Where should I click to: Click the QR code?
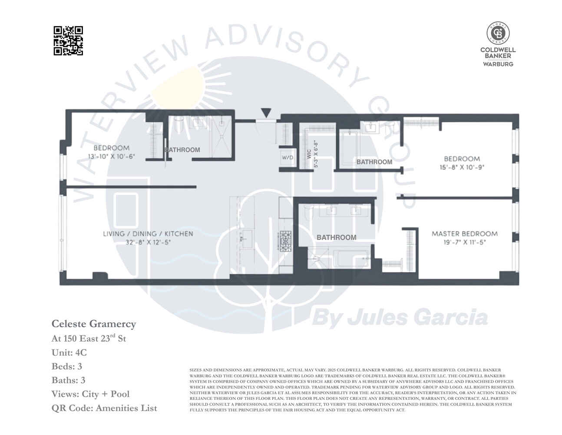click(x=68, y=41)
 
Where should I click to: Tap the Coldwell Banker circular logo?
click(x=498, y=33)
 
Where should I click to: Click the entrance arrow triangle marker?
click(x=266, y=113)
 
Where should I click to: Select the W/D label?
click(x=288, y=157)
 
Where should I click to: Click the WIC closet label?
click(x=309, y=154)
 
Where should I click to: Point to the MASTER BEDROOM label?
click(x=464, y=234)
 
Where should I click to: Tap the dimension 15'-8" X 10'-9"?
click(x=462, y=167)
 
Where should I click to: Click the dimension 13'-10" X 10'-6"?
click(x=112, y=156)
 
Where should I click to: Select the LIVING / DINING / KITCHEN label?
click(x=148, y=234)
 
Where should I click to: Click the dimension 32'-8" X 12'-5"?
click(x=148, y=242)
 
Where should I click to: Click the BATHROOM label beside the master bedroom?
click(x=336, y=238)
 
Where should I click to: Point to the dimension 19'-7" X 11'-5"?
click(x=464, y=242)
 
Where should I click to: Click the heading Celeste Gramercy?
click(x=94, y=324)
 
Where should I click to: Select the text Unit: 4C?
click(x=69, y=352)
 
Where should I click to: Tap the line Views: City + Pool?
click(x=90, y=394)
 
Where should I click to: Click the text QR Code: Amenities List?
click(x=104, y=408)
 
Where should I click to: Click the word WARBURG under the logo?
click(x=498, y=64)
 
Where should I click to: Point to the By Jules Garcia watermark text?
click(x=400, y=318)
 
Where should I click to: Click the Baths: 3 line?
click(x=68, y=380)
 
